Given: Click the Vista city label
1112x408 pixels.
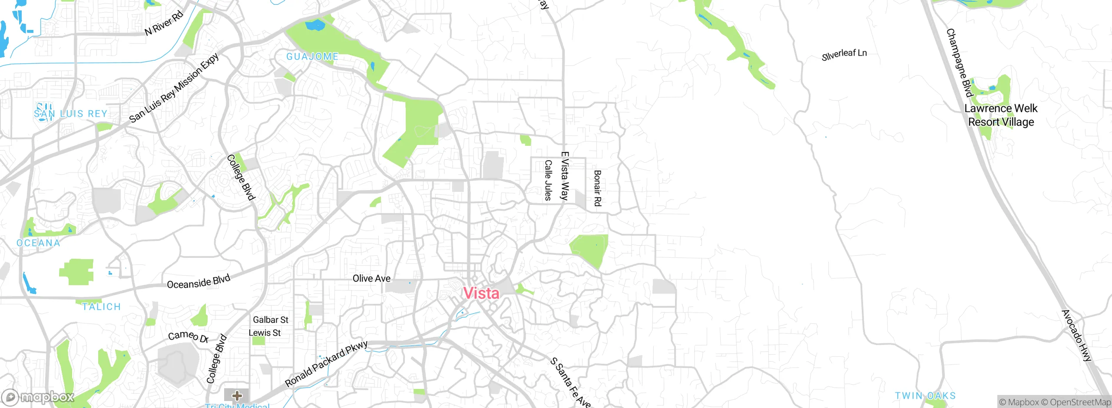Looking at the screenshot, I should [x=481, y=293].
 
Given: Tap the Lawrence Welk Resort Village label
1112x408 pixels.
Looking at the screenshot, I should [x=1001, y=115].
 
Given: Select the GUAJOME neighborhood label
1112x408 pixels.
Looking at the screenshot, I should [x=312, y=56].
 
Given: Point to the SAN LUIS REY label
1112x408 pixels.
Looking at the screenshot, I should [x=70, y=114].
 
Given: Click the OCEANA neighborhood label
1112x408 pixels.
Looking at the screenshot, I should [x=38, y=243].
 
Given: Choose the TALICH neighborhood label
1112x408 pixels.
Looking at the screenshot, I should [x=101, y=307].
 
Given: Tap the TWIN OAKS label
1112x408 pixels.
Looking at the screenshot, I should [x=925, y=396].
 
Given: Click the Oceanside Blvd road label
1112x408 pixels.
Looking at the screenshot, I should [x=199, y=282].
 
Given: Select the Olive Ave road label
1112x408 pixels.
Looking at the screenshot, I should [x=371, y=278].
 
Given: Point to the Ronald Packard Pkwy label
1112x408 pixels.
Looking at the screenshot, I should [x=326, y=364].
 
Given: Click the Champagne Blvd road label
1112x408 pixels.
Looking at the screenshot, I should [x=959, y=63].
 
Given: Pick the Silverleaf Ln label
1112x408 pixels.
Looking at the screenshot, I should [x=844, y=55].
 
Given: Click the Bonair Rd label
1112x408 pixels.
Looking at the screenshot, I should [x=598, y=188].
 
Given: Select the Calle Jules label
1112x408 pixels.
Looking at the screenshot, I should [x=548, y=180].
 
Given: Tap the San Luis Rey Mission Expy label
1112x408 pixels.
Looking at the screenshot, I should [x=174, y=88].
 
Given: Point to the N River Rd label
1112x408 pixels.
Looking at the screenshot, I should [x=164, y=23].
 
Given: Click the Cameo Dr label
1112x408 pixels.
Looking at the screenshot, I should [x=188, y=336].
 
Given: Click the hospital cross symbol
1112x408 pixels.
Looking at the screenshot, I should [x=237, y=395].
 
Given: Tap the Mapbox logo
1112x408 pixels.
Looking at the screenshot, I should [x=38, y=397].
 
